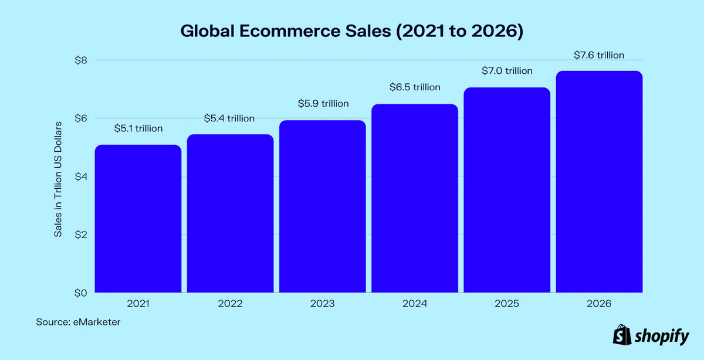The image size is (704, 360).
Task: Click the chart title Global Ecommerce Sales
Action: click(x=351, y=32)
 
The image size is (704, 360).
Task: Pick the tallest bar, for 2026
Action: click(x=599, y=181)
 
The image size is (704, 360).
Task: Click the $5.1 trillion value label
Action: click(x=138, y=128)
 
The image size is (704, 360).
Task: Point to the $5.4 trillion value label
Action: click(x=229, y=118)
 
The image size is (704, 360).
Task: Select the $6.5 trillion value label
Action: click(x=415, y=87)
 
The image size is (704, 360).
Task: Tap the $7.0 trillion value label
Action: click(x=507, y=71)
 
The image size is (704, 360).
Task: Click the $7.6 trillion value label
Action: click(x=599, y=55)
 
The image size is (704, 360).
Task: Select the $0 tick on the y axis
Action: click(x=81, y=293)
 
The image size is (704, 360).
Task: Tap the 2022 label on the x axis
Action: click(x=229, y=304)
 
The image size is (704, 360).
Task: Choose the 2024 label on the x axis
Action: click(x=415, y=304)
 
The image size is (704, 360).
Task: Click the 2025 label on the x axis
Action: click(x=507, y=304)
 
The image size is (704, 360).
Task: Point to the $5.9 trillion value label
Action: click(x=322, y=104)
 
